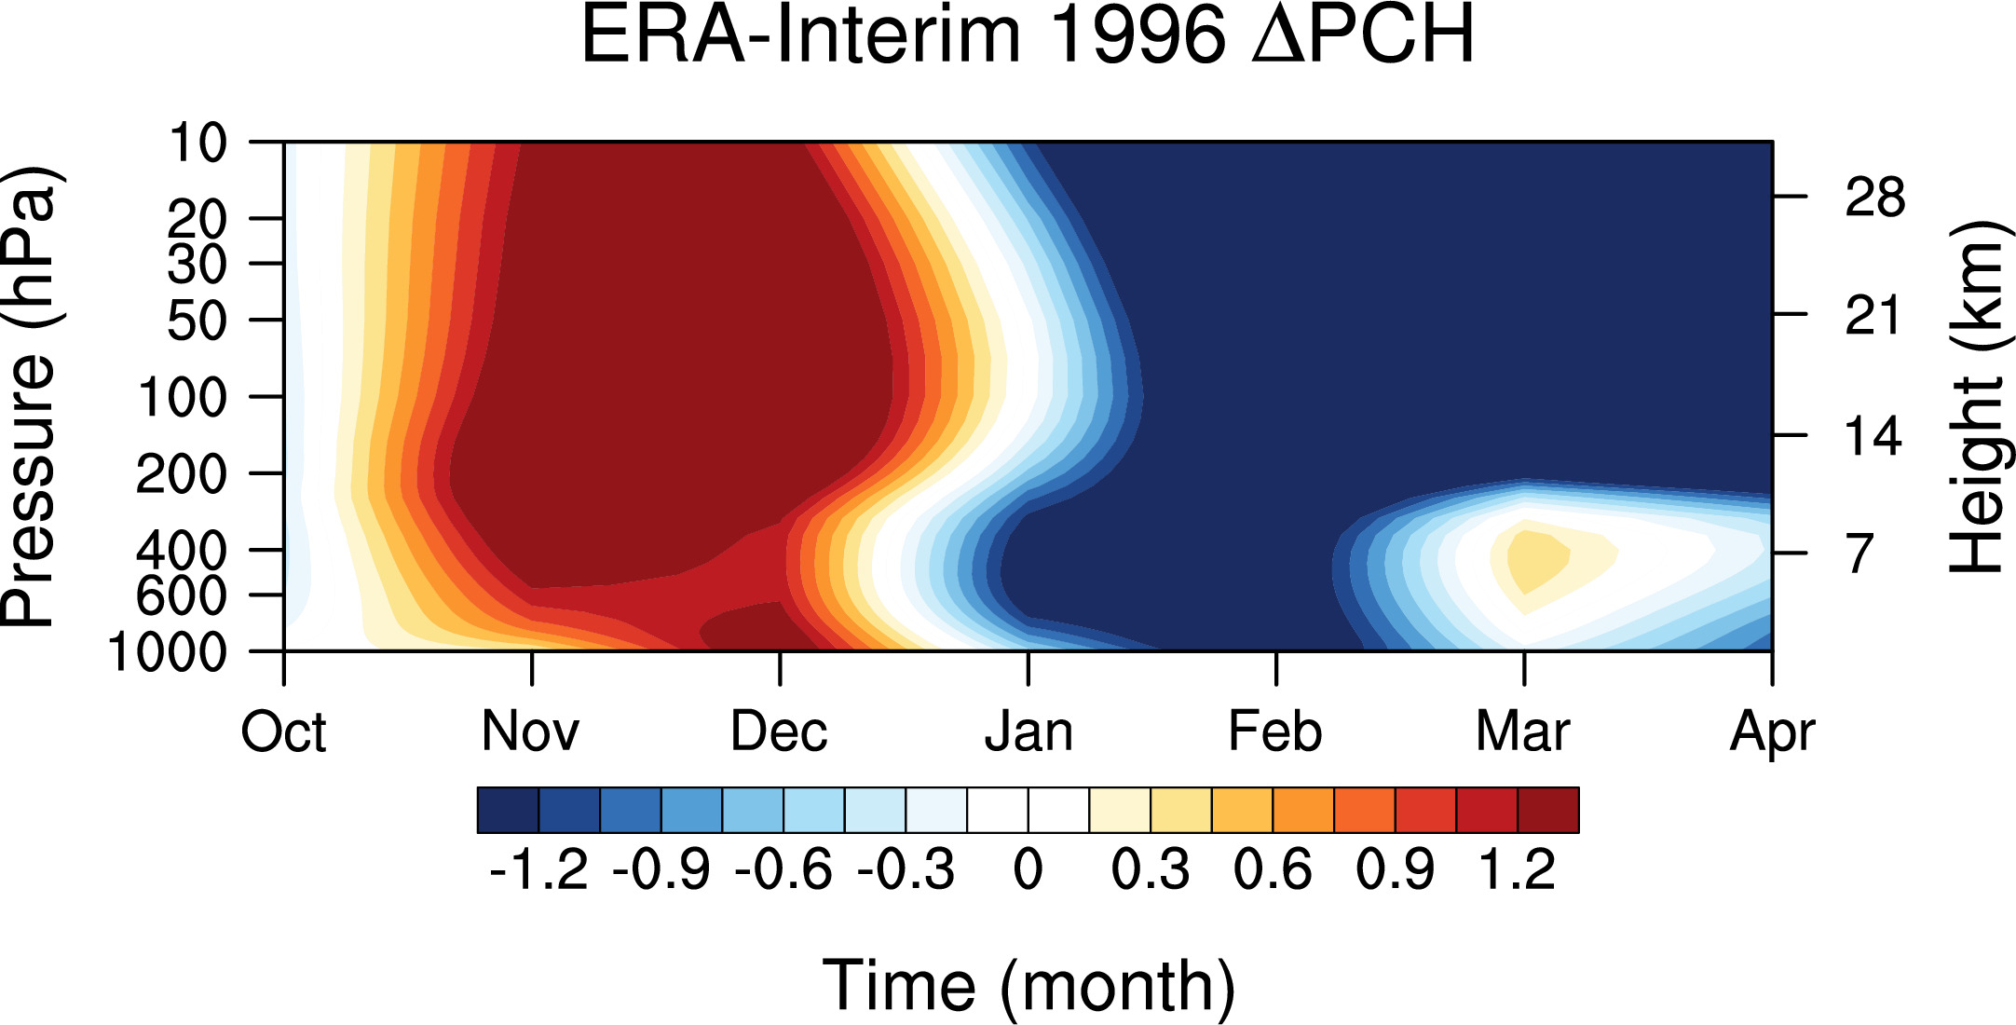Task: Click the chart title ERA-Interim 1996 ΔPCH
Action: [x=1028, y=35]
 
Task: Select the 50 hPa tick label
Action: [x=197, y=321]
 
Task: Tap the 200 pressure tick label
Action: [x=182, y=474]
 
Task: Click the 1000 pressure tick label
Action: [x=168, y=652]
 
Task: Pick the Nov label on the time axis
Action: [x=531, y=731]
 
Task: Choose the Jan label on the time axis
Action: [x=1028, y=731]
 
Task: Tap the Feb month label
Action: [x=1275, y=731]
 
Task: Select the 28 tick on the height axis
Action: [x=1874, y=198]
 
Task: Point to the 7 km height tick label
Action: [x=1859, y=553]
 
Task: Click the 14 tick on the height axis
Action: [x=1874, y=436]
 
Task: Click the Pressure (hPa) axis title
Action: [x=31, y=397]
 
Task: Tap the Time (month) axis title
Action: [x=1028, y=986]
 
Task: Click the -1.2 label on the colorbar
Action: [x=538, y=870]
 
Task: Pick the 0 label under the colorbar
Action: [x=1028, y=870]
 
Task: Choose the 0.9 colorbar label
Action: [x=1396, y=870]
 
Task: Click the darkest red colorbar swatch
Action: [x=1548, y=810]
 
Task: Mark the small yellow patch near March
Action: [x=1532, y=560]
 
